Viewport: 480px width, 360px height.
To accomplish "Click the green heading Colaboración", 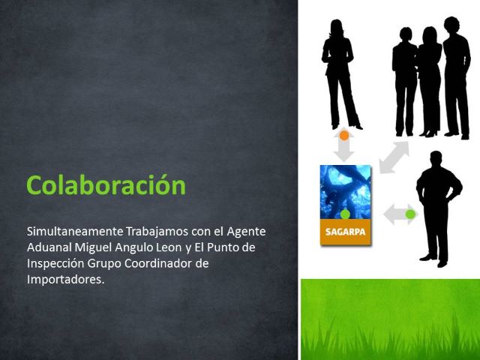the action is [106, 184].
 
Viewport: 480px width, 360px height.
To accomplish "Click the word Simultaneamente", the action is [75, 231].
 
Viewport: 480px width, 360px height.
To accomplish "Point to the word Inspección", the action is [55, 263].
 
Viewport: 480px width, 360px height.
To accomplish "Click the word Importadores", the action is [65, 280].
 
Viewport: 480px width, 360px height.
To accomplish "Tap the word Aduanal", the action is [49, 247].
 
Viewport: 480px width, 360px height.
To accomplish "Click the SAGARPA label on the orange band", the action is [345, 232].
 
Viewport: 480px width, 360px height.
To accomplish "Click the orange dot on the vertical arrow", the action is [344, 135].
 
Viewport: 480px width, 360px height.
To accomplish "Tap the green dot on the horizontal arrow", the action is [410, 214].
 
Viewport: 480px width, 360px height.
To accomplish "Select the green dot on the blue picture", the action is [345, 214].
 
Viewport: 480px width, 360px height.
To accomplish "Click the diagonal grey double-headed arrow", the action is [394, 157].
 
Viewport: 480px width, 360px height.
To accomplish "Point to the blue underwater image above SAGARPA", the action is [345, 192].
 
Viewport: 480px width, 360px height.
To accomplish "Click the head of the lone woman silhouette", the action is [336, 28].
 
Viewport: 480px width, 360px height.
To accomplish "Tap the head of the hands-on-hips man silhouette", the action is [436, 159].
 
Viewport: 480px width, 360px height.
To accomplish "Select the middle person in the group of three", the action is [430, 82].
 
